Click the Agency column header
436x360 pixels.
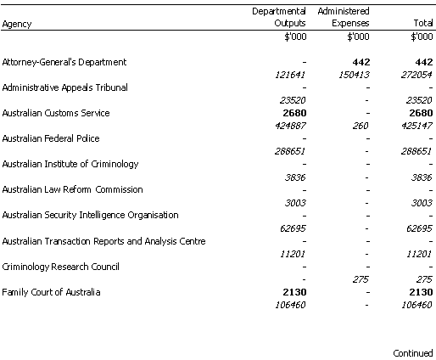17,24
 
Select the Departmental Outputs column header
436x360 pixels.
279,17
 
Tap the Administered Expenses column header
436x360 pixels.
344,17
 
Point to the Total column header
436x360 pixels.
423,23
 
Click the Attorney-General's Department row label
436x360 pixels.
64,62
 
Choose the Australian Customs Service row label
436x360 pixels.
56,113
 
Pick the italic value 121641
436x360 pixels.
290,75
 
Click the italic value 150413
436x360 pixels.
354,75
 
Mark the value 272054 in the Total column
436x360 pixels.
416,75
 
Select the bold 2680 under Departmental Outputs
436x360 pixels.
294,113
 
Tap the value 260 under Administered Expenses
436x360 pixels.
361,126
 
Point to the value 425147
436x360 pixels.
416,126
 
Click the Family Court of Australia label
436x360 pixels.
51,292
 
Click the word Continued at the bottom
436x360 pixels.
413,353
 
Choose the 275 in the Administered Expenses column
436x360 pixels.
361,279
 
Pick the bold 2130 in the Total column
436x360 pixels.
421,292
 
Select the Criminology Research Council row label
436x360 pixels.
60,267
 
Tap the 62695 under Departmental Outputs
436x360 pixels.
293,228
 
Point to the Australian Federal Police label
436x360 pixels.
51,138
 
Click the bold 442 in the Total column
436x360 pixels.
423,62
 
